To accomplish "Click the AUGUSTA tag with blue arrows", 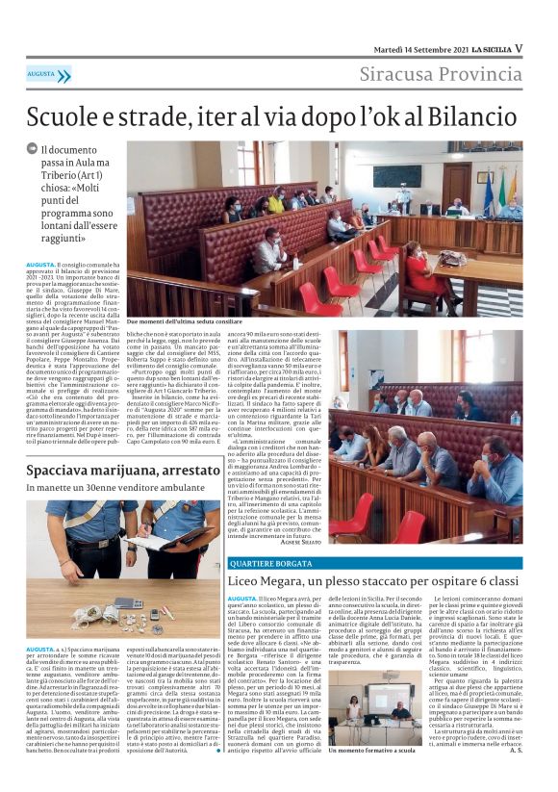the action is (x=48, y=74).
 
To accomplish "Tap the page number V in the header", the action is (x=519, y=47).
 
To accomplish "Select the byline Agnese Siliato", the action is (x=305, y=543).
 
